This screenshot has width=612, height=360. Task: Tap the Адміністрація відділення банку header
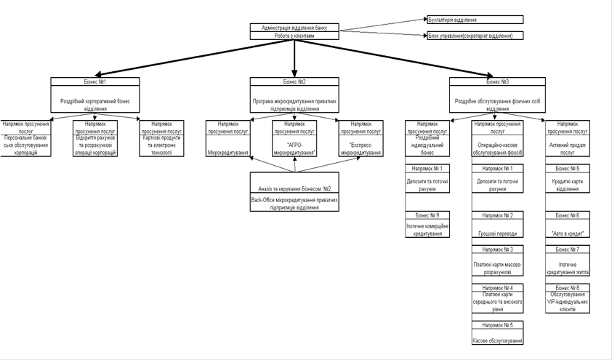[294, 28]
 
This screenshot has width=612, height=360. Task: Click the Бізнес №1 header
[95, 81]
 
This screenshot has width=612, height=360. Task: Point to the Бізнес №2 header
[294, 81]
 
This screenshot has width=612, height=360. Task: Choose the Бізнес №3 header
[496, 81]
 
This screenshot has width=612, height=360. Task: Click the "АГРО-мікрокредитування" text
[294, 149]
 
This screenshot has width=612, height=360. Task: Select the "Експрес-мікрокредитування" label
[361, 149]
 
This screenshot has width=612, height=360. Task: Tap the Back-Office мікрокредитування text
[294, 202]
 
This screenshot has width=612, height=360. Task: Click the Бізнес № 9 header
[427, 215]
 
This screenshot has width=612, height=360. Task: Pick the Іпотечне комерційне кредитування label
[427, 229]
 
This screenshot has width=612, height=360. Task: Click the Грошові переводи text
[497, 233]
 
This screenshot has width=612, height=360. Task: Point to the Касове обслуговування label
[497, 340]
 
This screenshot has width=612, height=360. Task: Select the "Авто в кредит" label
[567, 233]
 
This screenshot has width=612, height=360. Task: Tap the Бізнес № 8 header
[567, 288]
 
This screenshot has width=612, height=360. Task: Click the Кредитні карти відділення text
[567, 185]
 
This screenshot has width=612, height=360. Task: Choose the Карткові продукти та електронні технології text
[161, 148]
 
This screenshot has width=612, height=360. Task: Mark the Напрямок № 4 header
[497, 288]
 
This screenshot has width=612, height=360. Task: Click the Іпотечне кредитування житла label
[567, 268]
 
